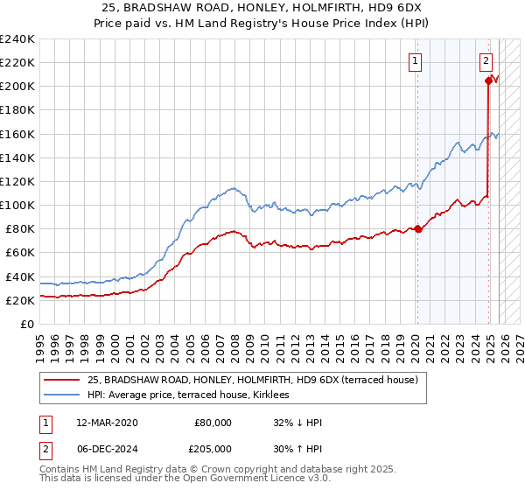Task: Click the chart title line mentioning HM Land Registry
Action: (x=262, y=24)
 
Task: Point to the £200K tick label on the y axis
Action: (x=17, y=86)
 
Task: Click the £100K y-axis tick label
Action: (x=17, y=205)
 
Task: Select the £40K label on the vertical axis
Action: (x=20, y=276)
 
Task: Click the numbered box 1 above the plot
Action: (x=414, y=61)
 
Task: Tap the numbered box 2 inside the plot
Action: (x=486, y=61)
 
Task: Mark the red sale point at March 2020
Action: (x=417, y=229)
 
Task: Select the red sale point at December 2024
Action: (x=487, y=80)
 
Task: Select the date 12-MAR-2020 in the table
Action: (x=108, y=423)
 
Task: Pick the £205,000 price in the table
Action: (x=213, y=447)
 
